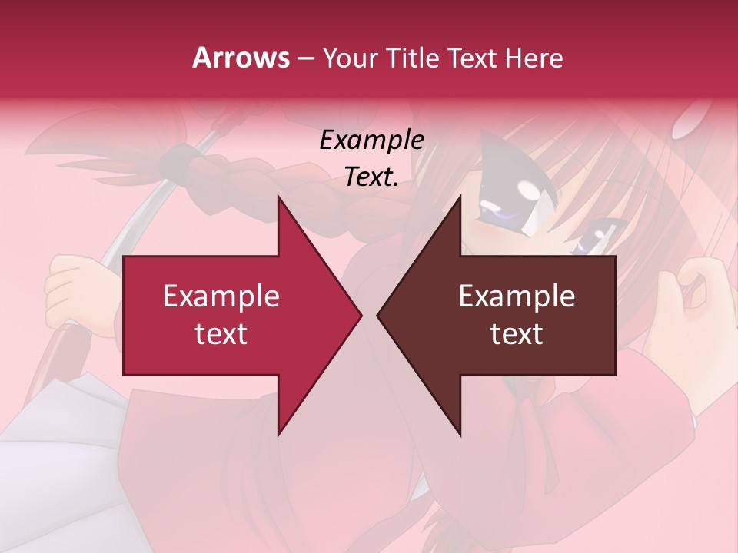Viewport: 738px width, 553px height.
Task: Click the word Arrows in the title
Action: pos(241,58)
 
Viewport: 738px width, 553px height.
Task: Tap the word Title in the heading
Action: pos(413,58)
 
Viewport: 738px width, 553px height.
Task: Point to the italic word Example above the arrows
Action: pos(371,141)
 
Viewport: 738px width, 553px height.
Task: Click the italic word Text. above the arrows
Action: pos(371,177)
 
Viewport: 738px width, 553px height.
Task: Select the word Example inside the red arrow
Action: pos(221,296)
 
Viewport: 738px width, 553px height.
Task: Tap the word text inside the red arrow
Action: pos(221,334)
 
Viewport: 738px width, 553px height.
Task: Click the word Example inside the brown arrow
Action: pos(517,296)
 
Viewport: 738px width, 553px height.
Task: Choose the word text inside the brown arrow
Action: pos(517,334)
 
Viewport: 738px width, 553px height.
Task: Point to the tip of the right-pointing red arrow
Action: pos(361,315)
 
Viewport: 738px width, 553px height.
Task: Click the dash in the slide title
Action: pos(305,58)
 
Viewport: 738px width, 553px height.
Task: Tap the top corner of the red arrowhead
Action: pos(278,197)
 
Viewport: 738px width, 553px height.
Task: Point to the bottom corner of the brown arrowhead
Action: pos(460,435)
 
